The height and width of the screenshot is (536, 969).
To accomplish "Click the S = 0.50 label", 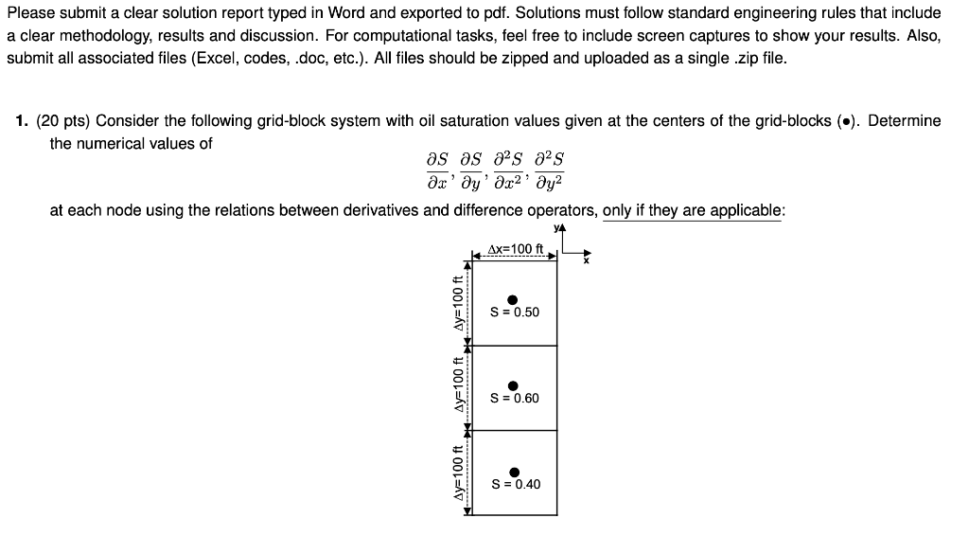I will click(x=515, y=313).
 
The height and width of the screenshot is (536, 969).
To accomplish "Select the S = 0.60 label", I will click(x=515, y=399).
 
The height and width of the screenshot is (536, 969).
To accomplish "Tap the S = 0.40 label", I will click(x=516, y=484).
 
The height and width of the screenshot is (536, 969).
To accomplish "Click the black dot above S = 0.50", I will click(x=513, y=299).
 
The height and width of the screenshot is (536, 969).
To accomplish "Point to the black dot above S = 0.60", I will click(x=513, y=385).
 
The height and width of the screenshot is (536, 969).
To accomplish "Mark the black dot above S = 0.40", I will click(x=514, y=472).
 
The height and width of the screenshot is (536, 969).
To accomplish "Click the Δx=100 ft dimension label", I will click(x=515, y=250).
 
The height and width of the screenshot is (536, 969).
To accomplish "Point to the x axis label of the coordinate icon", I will click(x=586, y=261).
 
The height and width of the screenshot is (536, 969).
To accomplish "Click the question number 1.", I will click(x=22, y=121).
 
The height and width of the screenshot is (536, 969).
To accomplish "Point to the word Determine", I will click(x=904, y=121).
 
